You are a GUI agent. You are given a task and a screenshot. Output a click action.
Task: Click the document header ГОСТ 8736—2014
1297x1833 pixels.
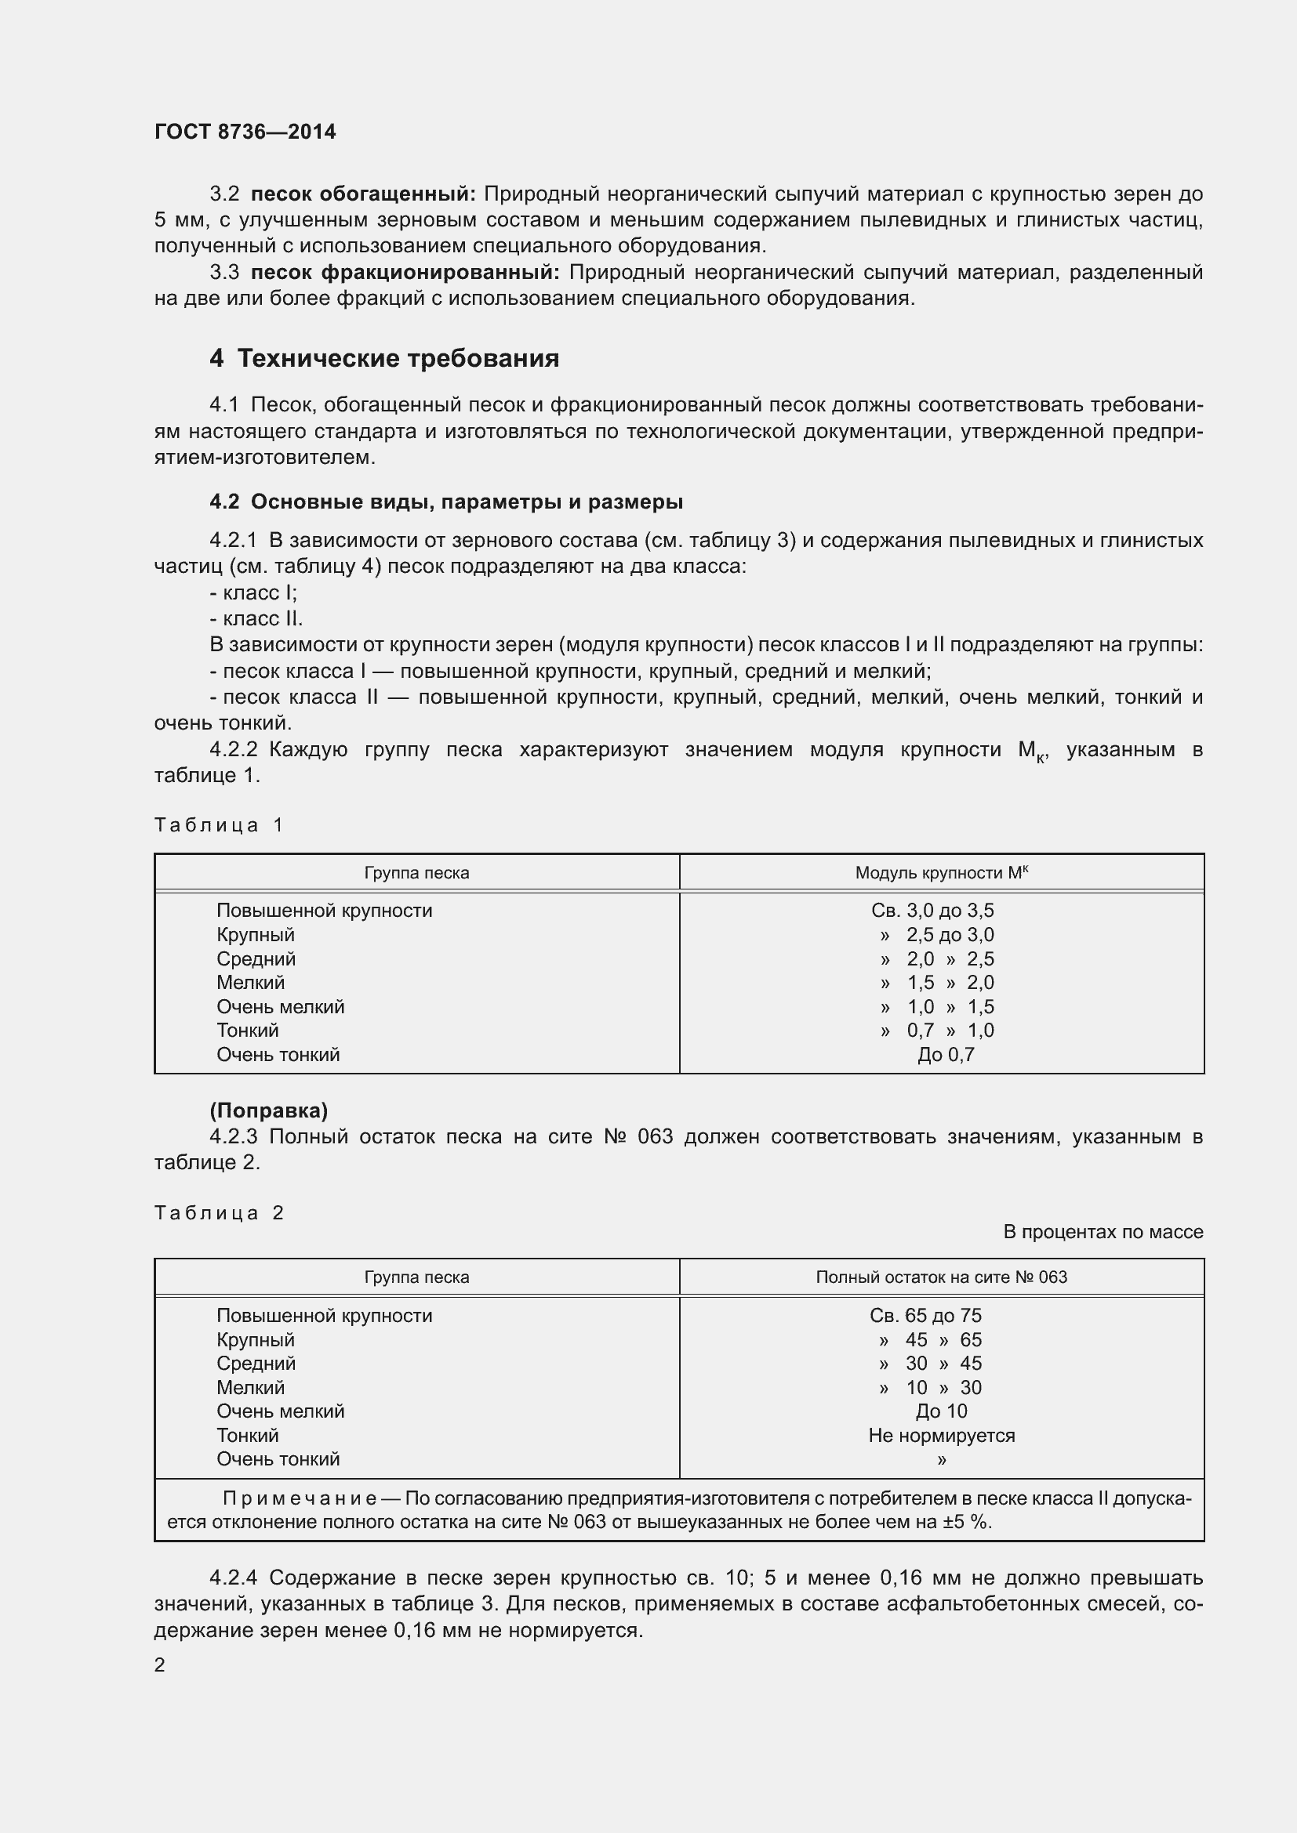click(245, 132)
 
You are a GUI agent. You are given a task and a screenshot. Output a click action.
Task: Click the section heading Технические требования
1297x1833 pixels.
click(383, 358)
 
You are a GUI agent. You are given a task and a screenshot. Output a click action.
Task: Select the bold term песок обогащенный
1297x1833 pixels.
click(362, 194)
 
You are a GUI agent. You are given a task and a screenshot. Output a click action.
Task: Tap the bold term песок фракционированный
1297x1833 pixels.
click(405, 272)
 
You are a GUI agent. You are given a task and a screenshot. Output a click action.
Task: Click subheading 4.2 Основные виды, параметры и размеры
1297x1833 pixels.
click(445, 502)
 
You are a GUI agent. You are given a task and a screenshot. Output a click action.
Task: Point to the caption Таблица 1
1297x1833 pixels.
click(219, 824)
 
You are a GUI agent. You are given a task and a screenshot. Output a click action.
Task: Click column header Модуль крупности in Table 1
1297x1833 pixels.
click(941, 872)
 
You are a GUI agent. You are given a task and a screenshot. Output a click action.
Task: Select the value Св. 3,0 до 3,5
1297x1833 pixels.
click(932, 910)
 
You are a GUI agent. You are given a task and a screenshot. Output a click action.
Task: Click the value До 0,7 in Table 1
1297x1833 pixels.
click(946, 1055)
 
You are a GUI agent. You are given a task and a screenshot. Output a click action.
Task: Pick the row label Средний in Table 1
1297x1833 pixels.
click(256, 958)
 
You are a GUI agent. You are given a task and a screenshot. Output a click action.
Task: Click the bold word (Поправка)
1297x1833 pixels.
click(268, 1110)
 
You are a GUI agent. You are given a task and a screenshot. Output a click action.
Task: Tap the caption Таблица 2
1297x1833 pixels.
click(219, 1212)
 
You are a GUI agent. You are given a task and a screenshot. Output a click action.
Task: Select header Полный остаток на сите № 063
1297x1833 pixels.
click(941, 1277)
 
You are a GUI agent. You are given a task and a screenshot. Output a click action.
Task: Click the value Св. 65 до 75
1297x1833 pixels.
click(925, 1315)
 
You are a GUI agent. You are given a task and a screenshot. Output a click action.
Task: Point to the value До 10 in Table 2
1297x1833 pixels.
click(941, 1411)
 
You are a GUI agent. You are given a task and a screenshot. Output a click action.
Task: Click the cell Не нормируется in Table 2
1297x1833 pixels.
click(941, 1436)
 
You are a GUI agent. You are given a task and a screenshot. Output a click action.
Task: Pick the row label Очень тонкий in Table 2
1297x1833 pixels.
click(278, 1458)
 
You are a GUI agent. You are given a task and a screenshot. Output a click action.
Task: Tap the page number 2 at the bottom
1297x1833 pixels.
click(160, 1665)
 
